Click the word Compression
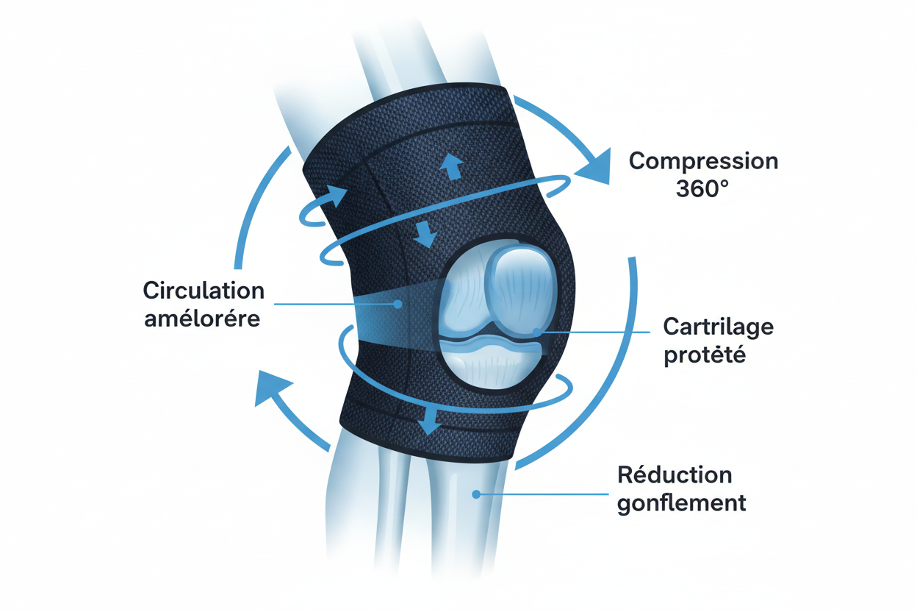pos(703,161)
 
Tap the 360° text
pos(702,188)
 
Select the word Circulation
pos(204,291)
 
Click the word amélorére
pos(202,319)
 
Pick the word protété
pos(705,355)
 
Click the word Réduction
pos(675,475)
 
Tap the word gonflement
pos(682,503)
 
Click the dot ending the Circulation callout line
pos(397,304)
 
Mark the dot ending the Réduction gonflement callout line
pos(476,494)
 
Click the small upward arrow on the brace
pos(452,166)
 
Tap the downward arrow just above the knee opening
pos(425,235)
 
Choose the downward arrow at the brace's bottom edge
pos(428,421)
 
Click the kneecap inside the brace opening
pos(523,288)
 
